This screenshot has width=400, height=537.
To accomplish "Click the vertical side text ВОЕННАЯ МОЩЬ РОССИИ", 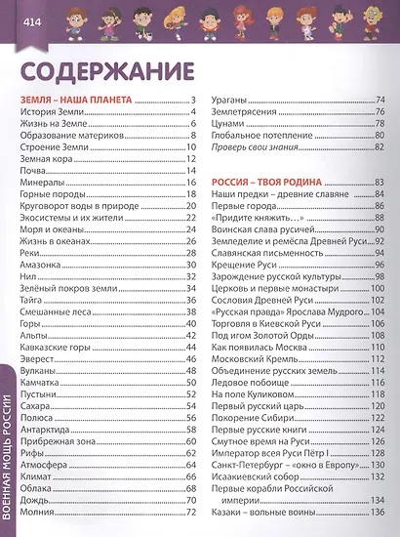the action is pos(9,459).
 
